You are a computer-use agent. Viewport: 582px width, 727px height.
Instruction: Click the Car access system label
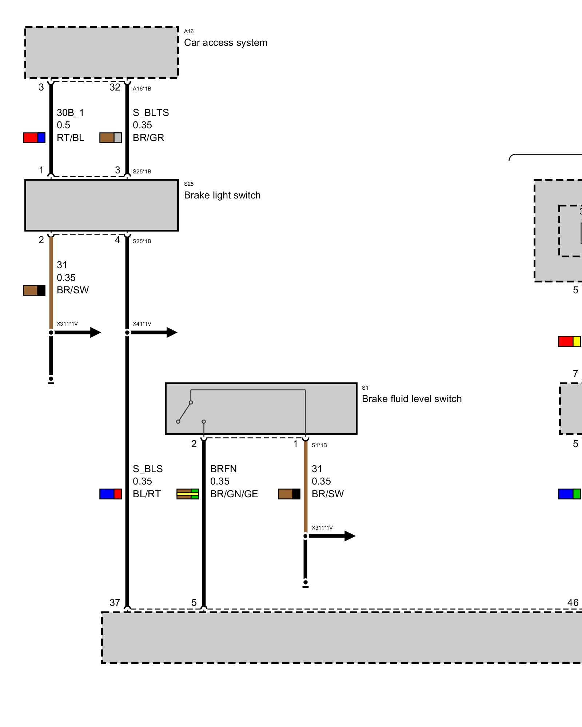click(226, 43)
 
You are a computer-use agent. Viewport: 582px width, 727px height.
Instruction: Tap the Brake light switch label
click(222, 195)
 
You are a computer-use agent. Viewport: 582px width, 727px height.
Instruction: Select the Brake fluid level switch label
click(411, 399)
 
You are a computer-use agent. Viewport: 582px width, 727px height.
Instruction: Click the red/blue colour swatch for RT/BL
click(34, 138)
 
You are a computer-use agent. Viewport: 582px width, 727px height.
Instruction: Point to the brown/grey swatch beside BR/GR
click(111, 138)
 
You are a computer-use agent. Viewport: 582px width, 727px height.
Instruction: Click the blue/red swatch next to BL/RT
click(111, 494)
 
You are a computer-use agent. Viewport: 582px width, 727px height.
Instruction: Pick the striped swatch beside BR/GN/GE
click(188, 494)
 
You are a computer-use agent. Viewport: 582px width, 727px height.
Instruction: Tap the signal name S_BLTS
click(151, 113)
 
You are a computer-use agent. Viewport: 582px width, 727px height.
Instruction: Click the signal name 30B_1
click(70, 113)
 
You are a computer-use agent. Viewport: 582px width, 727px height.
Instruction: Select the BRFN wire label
click(223, 469)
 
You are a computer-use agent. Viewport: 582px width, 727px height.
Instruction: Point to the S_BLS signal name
click(147, 469)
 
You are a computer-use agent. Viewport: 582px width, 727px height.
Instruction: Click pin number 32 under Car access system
click(115, 87)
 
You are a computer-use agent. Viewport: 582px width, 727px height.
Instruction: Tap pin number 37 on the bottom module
click(115, 603)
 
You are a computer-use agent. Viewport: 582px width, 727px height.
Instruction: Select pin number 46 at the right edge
click(573, 603)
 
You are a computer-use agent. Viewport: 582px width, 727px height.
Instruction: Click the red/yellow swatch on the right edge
click(569, 341)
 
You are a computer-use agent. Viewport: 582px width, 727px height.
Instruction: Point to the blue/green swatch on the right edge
click(569, 494)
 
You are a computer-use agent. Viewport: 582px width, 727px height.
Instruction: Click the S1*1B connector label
click(319, 445)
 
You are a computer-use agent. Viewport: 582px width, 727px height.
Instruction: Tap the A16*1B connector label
click(142, 89)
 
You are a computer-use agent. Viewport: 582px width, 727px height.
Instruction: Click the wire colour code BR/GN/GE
click(234, 494)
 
